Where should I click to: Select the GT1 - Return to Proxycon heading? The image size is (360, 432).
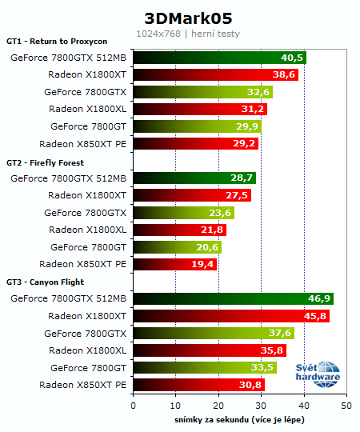[x=56, y=42]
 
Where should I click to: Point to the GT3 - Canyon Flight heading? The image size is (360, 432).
[x=46, y=282]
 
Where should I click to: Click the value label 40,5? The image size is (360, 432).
[x=292, y=58]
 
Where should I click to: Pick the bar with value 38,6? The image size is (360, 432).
[x=214, y=75]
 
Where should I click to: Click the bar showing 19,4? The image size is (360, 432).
[x=174, y=264]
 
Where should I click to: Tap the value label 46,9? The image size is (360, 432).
[x=319, y=298]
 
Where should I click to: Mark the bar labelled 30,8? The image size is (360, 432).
[x=198, y=385]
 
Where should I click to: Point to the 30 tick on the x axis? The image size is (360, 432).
[x=261, y=406]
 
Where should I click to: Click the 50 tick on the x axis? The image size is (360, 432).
[x=346, y=406]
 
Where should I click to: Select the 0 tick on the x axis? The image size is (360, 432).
[x=133, y=406]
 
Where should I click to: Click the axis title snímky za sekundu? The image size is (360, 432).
[x=239, y=419]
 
